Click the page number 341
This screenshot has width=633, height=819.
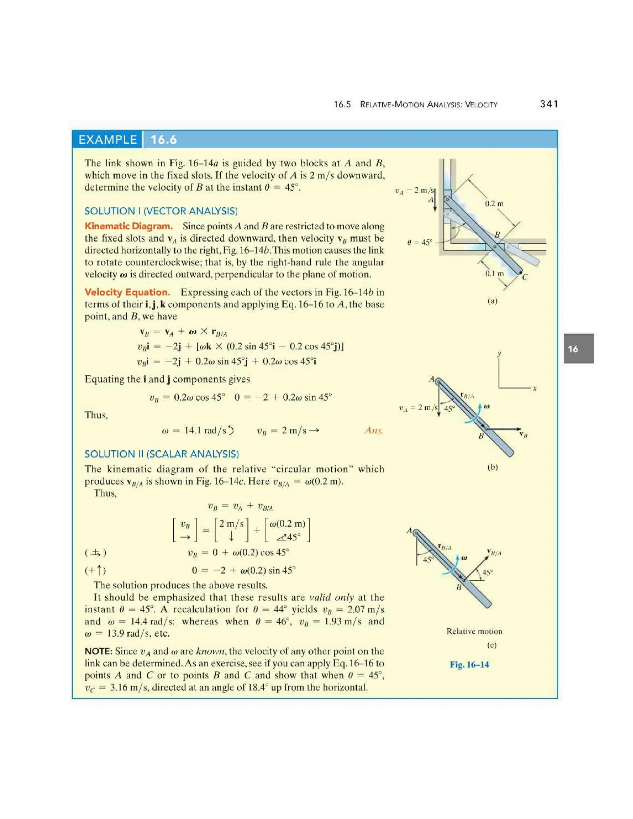(549, 104)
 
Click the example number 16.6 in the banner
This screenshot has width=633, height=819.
(164, 140)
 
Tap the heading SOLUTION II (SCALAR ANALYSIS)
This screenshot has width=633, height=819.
(162, 454)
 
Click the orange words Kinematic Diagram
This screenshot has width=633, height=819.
(129, 226)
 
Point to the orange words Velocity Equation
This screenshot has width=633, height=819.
(127, 292)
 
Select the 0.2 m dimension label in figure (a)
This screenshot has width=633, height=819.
(494, 204)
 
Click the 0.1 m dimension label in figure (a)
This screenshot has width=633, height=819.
(494, 274)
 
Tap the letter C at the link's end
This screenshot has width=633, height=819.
(525, 277)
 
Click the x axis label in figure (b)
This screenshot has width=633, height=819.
(535, 388)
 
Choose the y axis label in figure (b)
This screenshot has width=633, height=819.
(499, 354)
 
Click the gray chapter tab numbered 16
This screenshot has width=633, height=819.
(578, 349)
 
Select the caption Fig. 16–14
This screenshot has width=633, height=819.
(469, 664)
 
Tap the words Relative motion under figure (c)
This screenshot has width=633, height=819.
(474, 631)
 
